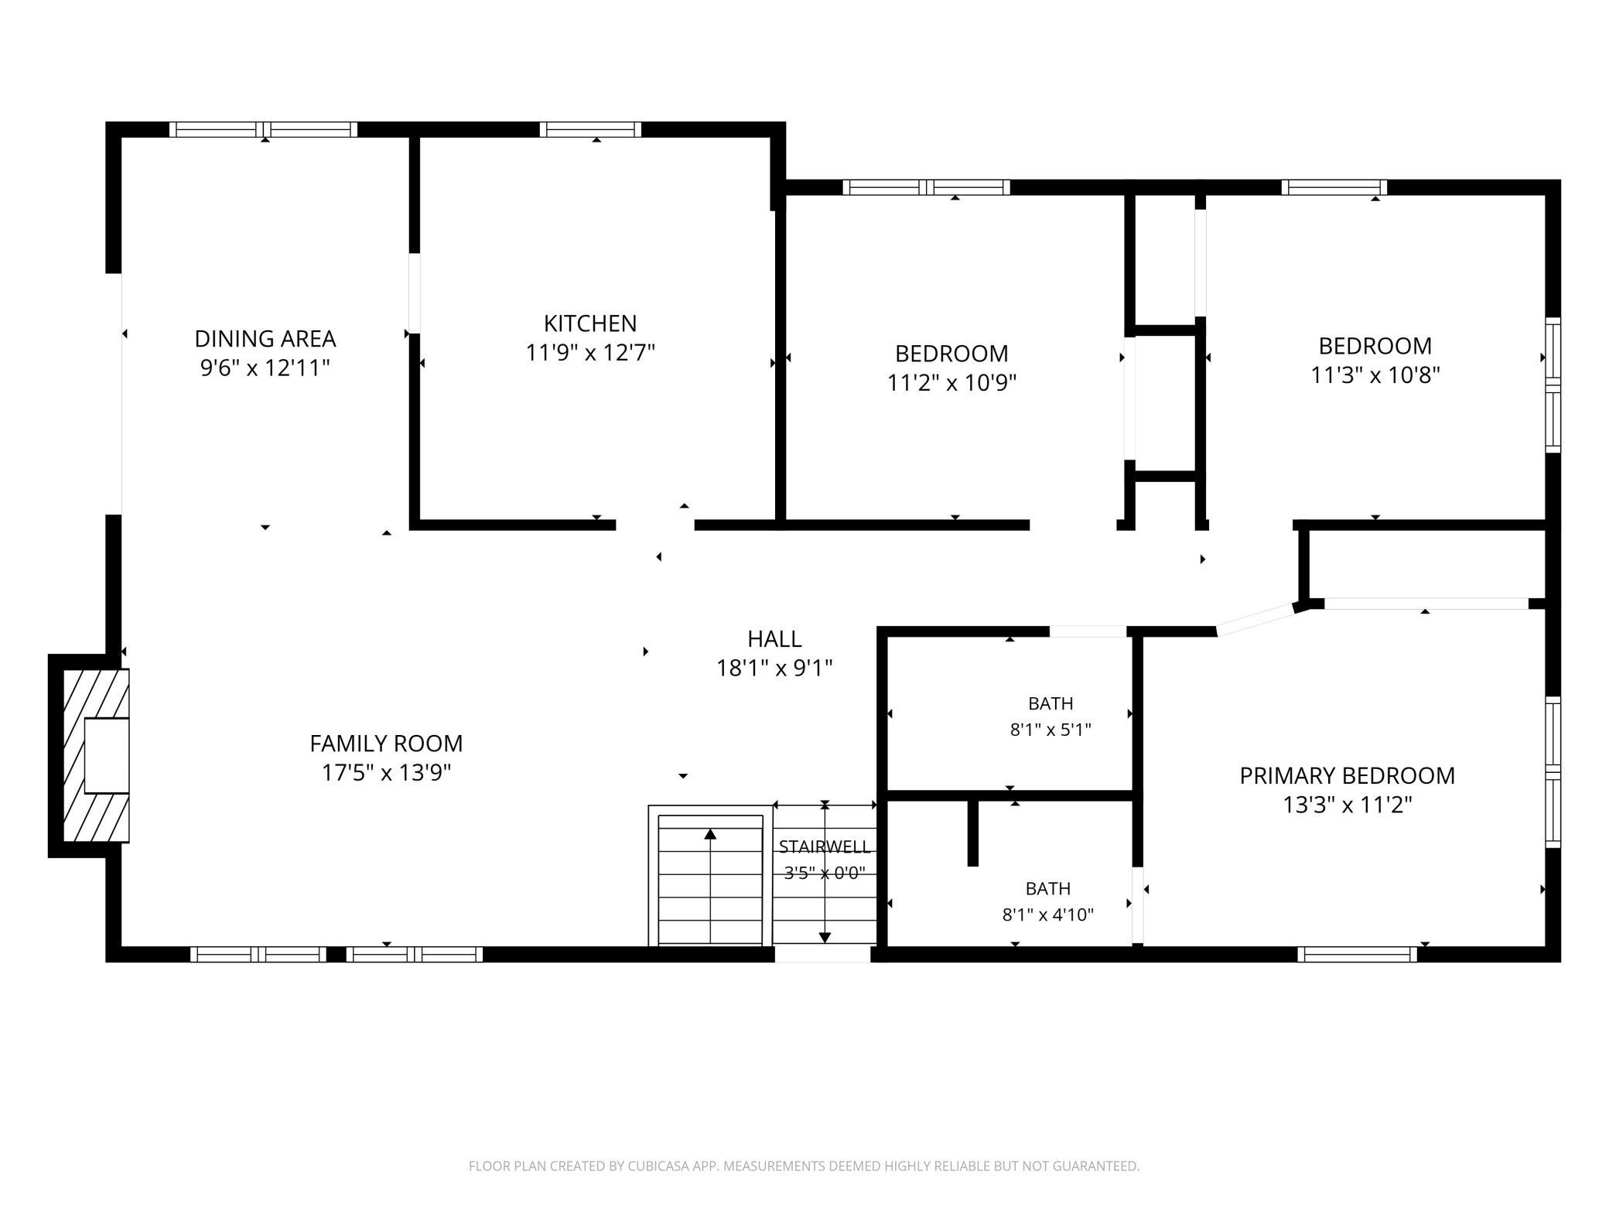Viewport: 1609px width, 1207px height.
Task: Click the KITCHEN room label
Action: click(x=590, y=323)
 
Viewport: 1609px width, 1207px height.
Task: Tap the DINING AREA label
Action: click(x=265, y=339)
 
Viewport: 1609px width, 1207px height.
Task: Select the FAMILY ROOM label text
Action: click(x=386, y=744)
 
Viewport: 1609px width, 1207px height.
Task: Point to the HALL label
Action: click(x=774, y=639)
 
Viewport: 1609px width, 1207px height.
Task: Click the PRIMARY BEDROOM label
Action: click(x=1347, y=776)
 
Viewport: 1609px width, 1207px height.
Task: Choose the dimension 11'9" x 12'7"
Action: click(x=590, y=353)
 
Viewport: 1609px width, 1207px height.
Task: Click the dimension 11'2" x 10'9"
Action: click(x=951, y=383)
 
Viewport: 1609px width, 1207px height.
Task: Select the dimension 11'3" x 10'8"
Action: click(x=1375, y=375)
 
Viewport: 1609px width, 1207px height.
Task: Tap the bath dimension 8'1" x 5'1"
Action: click(x=1050, y=730)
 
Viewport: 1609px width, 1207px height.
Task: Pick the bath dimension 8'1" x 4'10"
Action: click(x=1048, y=915)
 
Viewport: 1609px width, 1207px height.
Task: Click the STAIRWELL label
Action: click(x=825, y=846)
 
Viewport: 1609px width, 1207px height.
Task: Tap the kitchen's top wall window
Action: click(x=590, y=129)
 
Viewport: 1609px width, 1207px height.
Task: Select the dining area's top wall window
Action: click(x=264, y=129)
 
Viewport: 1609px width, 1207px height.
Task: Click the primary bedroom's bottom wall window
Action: click(x=1357, y=954)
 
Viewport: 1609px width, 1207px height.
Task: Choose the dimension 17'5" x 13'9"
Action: click(x=386, y=773)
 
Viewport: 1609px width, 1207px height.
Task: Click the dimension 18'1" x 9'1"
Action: click(x=774, y=668)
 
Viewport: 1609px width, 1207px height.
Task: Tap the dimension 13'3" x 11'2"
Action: click(x=1348, y=805)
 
